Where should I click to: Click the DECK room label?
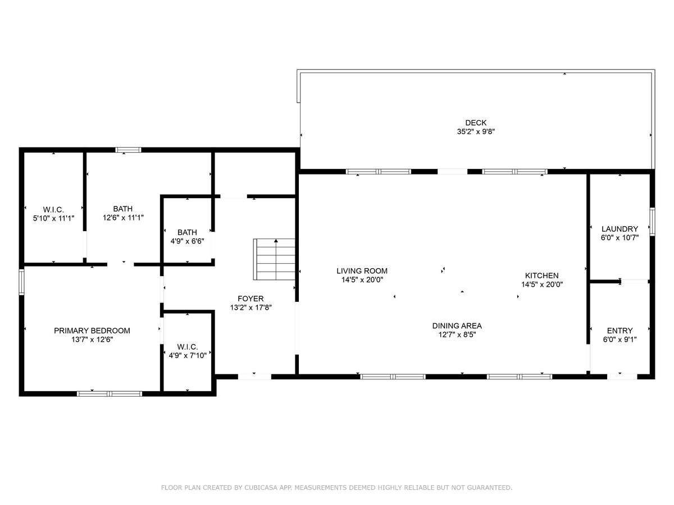pyautogui.click(x=476, y=123)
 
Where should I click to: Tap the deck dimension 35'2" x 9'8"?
pyautogui.click(x=476, y=131)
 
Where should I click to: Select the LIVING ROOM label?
pyautogui.click(x=362, y=271)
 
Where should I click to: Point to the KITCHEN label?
pyautogui.click(x=541, y=276)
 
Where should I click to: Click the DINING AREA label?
pyautogui.click(x=457, y=325)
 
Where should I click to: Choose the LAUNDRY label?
pyautogui.click(x=620, y=229)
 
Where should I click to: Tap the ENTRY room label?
pyautogui.click(x=620, y=330)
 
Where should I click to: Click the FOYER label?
pyautogui.click(x=251, y=299)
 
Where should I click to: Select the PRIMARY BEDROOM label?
pyautogui.click(x=92, y=330)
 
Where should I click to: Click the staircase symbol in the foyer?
pyautogui.click(x=274, y=259)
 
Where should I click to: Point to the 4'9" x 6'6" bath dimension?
pyautogui.click(x=187, y=241)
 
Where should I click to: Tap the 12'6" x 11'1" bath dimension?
pyautogui.click(x=123, y=218)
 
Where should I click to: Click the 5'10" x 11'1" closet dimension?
pyautogui.click(x=54, y=218)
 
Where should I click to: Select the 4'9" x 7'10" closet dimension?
pyautogui.click(x=187, y=356)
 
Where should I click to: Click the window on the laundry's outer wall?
pyautogui.click(x=652, y=222)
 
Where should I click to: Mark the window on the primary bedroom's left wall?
pyautogui.click(x=21, y=282)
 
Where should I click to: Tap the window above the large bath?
pyautogui.click(x=129, y=150)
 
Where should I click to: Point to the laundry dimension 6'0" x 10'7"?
pyautogui.click(x=620, y=237)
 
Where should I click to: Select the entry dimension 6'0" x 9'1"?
pyautogui.click(x=620, y=339)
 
